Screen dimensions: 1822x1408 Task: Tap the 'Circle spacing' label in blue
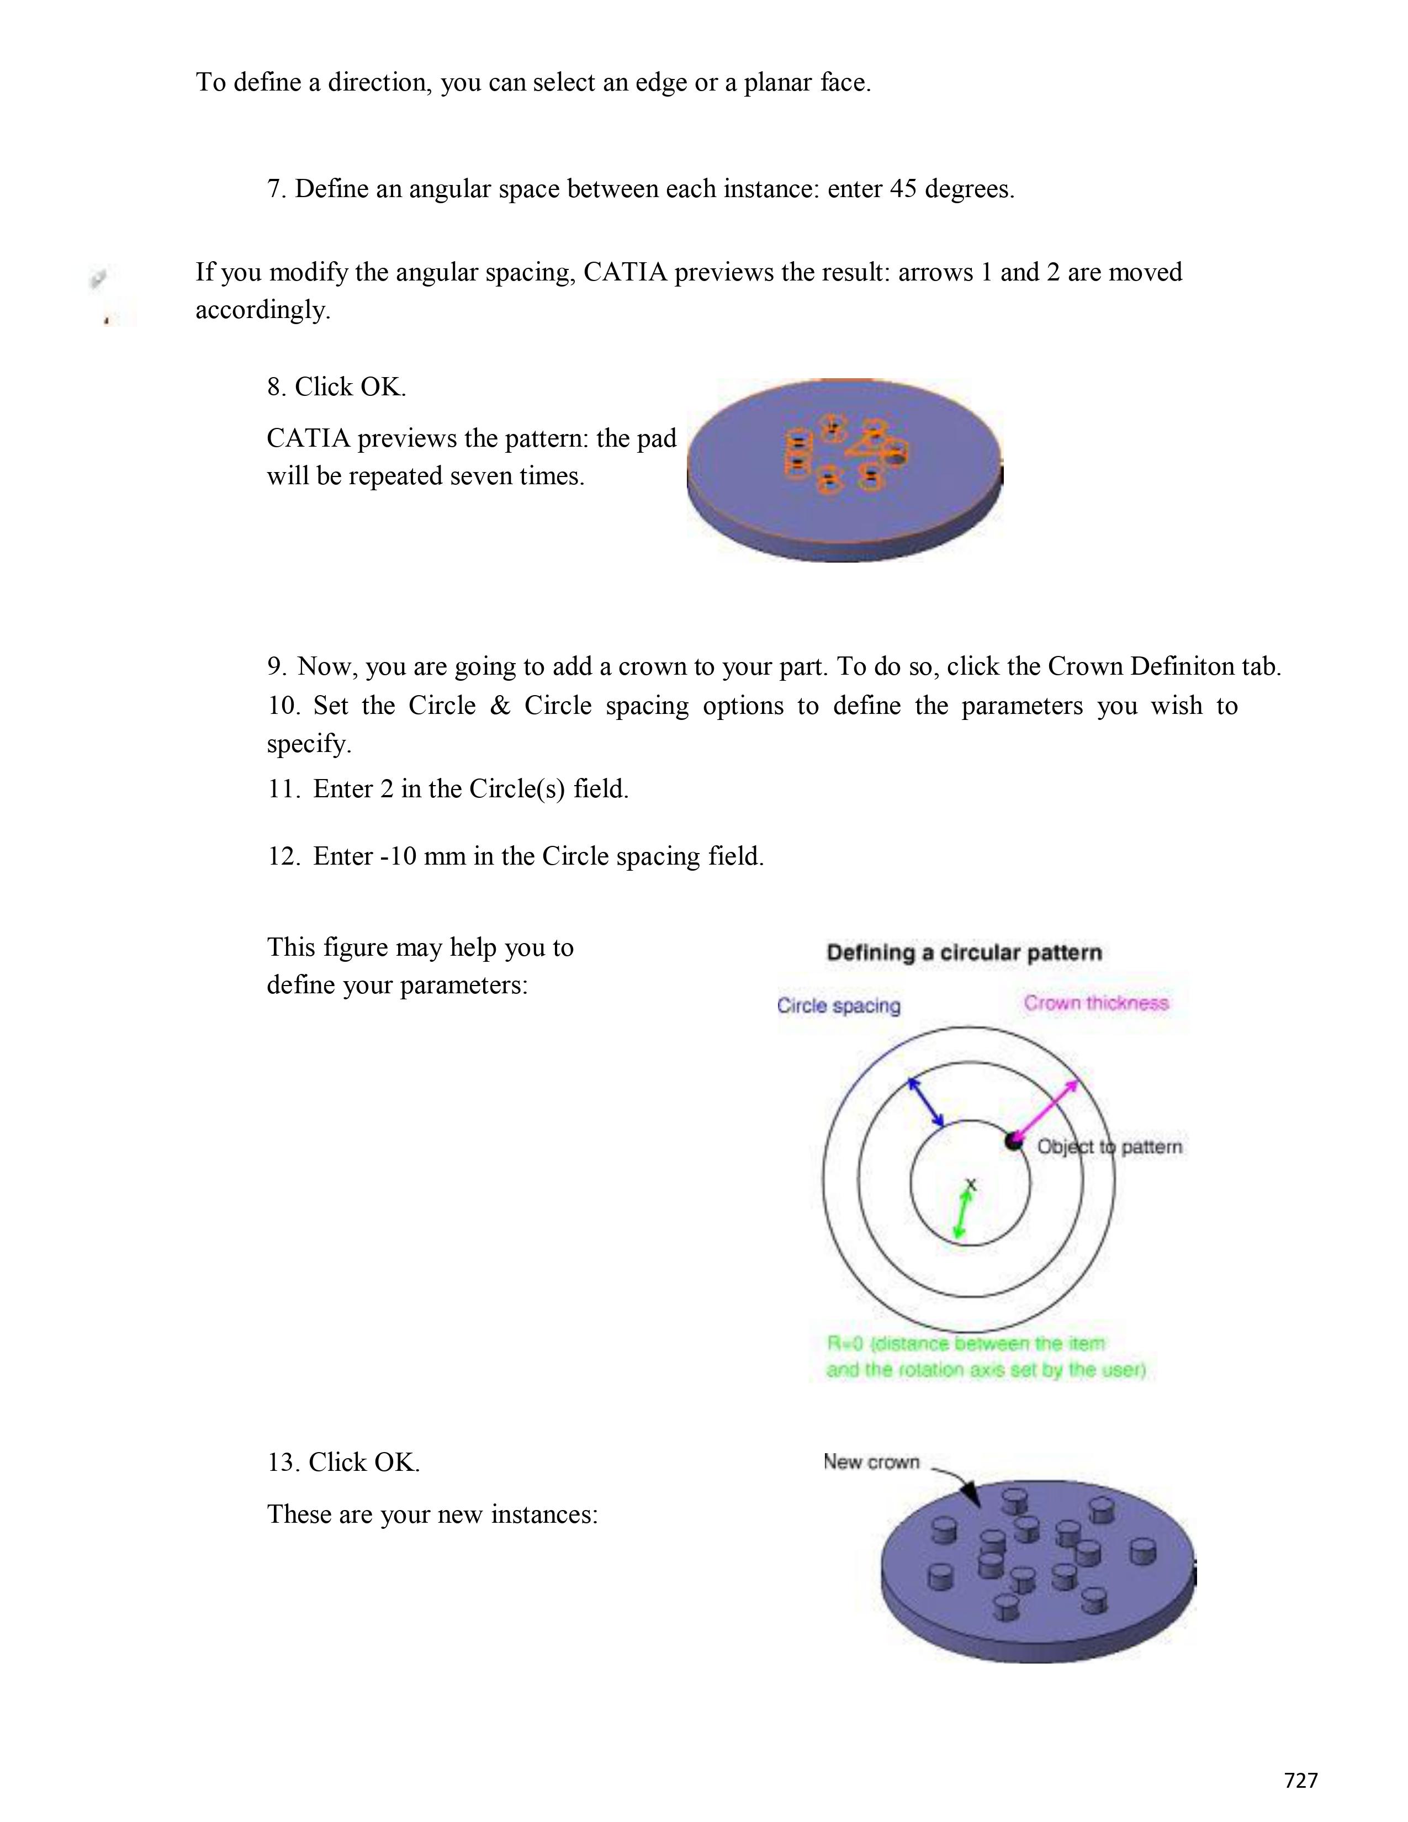coord(838,1005)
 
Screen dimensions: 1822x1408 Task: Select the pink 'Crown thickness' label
coord(1096,1003)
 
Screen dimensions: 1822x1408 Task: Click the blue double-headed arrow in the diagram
coord(926,1102)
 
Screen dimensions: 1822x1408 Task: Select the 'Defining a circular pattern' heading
coord(964,953)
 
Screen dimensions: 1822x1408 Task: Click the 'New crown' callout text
coord(871,1461)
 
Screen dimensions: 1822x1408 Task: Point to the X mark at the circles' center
coord(970,1184)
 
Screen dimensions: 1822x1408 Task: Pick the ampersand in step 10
coord(500,706)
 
